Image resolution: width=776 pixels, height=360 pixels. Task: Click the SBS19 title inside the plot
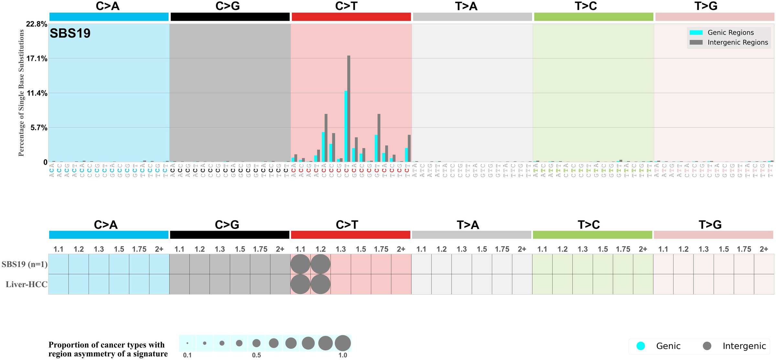pyautogui.click(x=70, y=33)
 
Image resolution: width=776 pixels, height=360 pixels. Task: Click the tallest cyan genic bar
pyautogui.click(x=346, y=126)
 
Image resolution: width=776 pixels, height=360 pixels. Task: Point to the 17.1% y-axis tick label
pyautogui.click(x=37, y=59)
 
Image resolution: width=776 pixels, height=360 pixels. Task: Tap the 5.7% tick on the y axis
pyautogui.click(x=39, y=128)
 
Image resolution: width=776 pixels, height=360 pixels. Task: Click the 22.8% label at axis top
pyautogui.click(x=37, y=24)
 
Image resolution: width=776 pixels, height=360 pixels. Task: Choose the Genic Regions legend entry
pyautogui.click(x=730, y=32)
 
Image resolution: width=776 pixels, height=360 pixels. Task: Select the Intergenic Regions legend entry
pyautogui.click(x=738, y=42)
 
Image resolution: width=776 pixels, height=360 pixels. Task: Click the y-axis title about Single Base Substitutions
pyautogui.click(x=21, y=93)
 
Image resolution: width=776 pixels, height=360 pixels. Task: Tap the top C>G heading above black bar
pyautogui.click(x=228, y=6)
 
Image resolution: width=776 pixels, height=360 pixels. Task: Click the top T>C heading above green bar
pyautogui.click(x=586, y=6)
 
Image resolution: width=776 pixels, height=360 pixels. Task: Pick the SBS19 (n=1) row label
pyautogui.click(x=25, y=264)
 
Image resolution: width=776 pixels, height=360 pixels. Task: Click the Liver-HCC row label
pyautogui.click(x=27, y=284)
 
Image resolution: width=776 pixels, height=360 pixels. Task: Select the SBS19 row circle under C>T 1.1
pyautogui.click(x=300, y=264)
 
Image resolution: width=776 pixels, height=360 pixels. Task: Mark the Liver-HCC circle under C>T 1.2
pyautogui.click(x=320, y=284)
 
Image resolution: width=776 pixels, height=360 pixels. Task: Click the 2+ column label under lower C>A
pyautogui.click(x=159, y=249)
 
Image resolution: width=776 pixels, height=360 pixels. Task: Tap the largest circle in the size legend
pyautogui.click(x=343, y=343)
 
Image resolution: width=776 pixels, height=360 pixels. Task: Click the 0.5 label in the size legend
pyautogui.click(x=256, y=355)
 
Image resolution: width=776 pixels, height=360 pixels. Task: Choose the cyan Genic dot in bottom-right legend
pyautogui.click(x=641, y=346)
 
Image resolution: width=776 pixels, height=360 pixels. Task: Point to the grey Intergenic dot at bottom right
pyautogui.click(x=707, y=346)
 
